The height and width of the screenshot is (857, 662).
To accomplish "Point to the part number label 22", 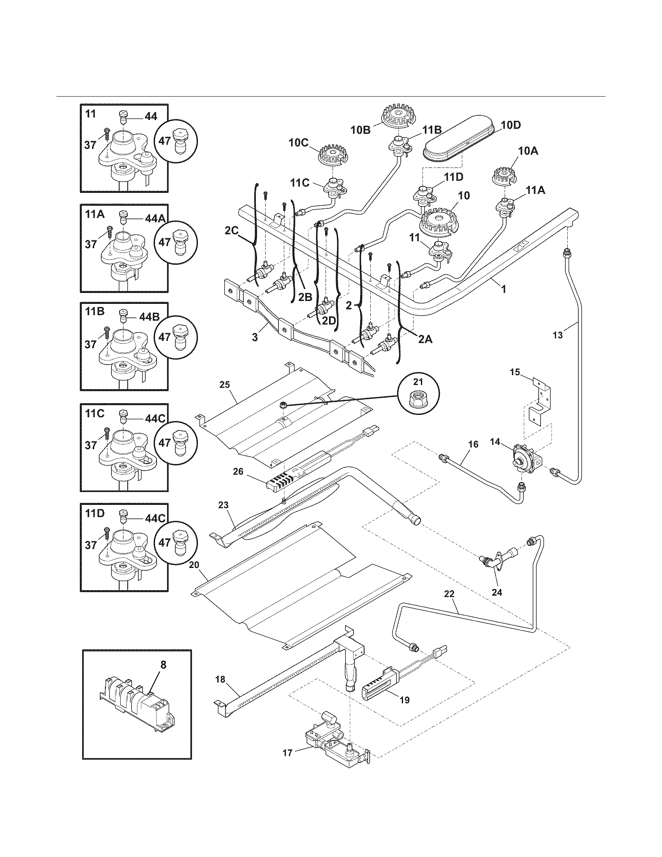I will (449, 594).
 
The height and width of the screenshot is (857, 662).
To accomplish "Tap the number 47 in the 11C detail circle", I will (164, 443).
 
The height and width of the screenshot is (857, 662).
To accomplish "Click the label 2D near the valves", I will (329, 320).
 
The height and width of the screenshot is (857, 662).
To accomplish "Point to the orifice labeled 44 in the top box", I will (123, 115).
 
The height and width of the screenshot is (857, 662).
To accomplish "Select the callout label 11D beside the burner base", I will (453, 177).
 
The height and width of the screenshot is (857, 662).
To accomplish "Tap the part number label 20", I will (194, 565).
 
